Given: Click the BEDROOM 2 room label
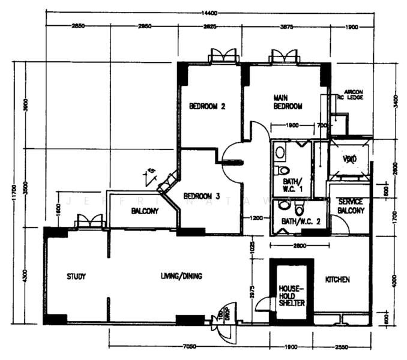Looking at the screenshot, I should [207, 107].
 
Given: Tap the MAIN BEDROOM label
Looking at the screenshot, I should [287, 101].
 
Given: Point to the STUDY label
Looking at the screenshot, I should [76, 277].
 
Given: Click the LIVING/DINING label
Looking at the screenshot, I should [181, 277].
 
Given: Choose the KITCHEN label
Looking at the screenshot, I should [337, 280].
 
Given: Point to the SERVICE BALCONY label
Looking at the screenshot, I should [351, 206].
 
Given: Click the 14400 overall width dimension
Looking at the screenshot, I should [208, 13].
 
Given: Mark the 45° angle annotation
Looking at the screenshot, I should [151, 172].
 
